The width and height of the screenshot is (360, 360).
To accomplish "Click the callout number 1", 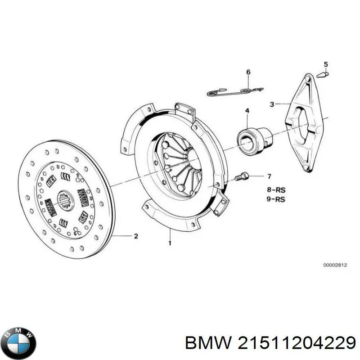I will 170,243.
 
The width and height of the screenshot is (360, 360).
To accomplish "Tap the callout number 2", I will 136,236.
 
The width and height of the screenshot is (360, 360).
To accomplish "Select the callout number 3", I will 272,105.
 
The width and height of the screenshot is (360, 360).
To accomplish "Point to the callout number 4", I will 247,111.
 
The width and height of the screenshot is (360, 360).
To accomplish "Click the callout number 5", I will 326,64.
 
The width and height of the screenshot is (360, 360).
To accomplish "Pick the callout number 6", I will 248,72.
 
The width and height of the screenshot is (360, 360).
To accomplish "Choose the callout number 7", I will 269,176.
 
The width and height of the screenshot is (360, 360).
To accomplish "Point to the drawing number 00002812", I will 335,265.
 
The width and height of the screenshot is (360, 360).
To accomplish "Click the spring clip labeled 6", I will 234,92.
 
